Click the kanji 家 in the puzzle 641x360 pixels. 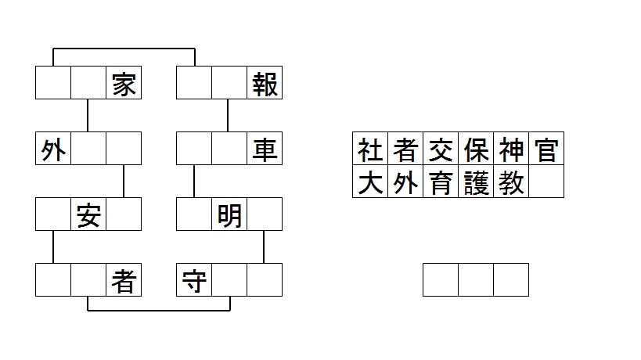tap(124, 84)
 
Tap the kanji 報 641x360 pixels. tap(265, 84)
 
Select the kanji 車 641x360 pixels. tap(265, 149)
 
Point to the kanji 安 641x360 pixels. tap(88, 214)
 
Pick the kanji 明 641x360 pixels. tap(229, 214)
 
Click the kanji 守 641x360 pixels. tap(194, 280)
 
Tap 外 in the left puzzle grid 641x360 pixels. tap(53, 149)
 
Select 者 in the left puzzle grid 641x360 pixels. tap(124, 280)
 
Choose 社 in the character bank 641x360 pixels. tap(370, 149)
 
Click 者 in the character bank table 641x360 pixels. tap(405, 149)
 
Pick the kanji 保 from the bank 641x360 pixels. tap(476, 149)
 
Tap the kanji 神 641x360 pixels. tap(511, 149)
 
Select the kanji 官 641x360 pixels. tap(546, 149)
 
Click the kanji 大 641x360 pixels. tap(370, 182)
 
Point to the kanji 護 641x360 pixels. tap(476, 182)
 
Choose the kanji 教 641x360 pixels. tap(511, 182)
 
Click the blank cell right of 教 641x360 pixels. tap(546, 182)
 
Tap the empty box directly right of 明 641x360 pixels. tap(265, 214)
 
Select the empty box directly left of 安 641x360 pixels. tap(53, 214)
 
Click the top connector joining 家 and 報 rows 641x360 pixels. tap(124, 49)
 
